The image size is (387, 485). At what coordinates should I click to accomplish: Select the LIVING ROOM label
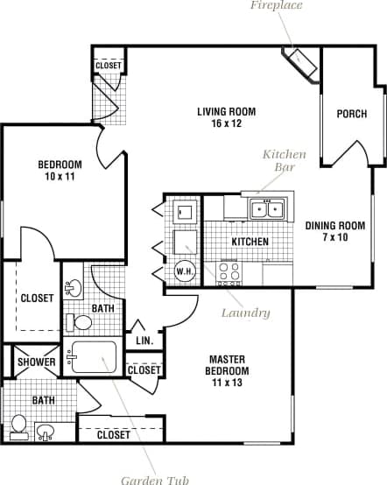(225, 117)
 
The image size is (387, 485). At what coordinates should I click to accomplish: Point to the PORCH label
(352, 114)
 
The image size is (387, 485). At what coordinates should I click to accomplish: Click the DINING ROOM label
(334, 231)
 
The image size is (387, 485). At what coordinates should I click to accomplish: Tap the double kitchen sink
(266, 208)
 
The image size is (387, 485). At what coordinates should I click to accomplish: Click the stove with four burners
(229, 273)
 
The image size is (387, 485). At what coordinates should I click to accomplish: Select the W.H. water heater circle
(185, 271)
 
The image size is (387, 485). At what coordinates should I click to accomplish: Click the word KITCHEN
(250, 242)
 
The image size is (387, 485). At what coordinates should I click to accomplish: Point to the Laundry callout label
(245, 313)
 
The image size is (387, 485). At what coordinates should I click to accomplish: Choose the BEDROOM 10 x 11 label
(59, 170)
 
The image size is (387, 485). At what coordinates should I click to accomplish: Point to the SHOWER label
(37, 362)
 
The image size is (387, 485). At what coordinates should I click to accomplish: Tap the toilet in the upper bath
(81, 323)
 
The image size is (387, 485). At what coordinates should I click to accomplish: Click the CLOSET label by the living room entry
(109, 66)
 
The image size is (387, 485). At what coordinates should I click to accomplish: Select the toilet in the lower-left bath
(19, 425)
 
